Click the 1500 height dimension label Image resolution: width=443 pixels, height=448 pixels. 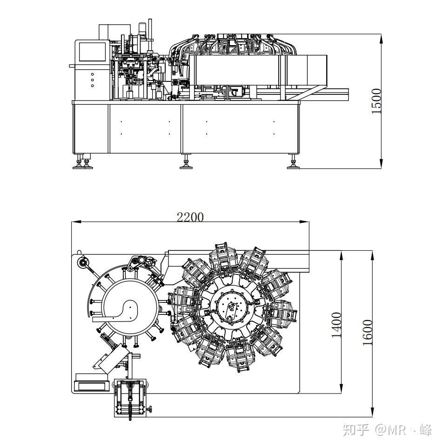(376, 101)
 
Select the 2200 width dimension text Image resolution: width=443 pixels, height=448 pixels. (190, 217)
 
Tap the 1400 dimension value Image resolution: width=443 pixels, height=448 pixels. (337, 325)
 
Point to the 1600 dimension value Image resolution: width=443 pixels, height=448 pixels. (368, 332)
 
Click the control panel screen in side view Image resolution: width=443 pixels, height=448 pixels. (92, 52)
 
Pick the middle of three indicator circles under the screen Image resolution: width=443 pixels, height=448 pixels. (92, 80)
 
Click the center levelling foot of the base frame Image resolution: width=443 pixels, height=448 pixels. (186, 162)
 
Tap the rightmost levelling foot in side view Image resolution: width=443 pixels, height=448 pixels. (293, 162)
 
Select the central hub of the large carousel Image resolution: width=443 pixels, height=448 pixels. (232, 308)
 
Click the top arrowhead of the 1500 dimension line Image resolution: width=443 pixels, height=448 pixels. (381, 39)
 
